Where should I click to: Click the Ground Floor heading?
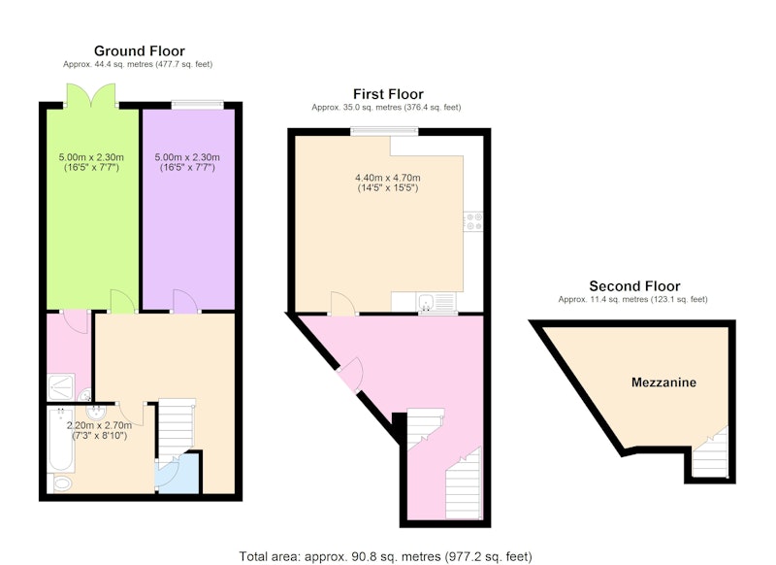139,51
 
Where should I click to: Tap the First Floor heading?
388,94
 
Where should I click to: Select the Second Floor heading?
634,286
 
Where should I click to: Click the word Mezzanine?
663,382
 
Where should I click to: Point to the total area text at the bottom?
385,556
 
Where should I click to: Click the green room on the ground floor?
92,209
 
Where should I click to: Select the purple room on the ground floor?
188,209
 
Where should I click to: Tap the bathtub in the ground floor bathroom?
61,439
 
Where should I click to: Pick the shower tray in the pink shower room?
61,386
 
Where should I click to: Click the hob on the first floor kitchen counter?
473,220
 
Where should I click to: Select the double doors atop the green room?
91,95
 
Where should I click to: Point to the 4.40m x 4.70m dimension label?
388,183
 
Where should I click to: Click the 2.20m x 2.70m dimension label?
100,430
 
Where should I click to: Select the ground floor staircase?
177,429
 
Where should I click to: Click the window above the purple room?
198,105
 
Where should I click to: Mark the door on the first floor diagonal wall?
352,375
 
